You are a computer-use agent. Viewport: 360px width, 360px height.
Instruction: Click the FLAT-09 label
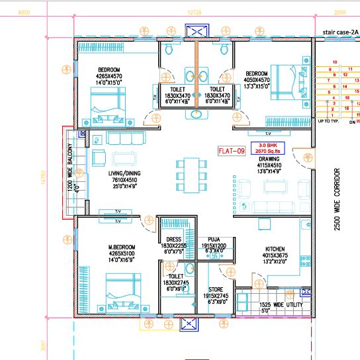click(232, 151)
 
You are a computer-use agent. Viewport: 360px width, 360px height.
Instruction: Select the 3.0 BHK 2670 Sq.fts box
click(271, 148)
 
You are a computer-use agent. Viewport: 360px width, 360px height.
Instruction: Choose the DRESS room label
click(174, 240)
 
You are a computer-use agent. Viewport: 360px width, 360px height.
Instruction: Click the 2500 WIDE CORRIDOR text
click(337, 199)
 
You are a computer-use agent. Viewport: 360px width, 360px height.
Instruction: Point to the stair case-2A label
click(339, 31)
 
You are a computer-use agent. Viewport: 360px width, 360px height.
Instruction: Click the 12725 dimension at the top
click(194, 13)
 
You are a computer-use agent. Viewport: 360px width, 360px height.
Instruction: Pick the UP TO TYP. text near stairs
click(331, 122)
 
